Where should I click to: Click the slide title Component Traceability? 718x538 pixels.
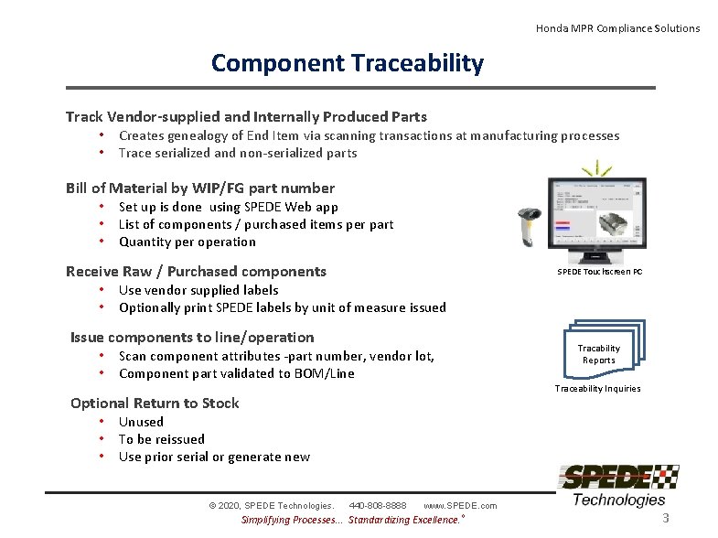coord(347,63)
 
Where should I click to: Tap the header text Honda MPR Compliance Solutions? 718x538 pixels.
coord(617,28)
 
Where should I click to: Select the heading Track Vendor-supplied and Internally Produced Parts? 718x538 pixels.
coord(246,116)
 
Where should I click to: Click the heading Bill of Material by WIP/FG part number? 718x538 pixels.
coord(200,188)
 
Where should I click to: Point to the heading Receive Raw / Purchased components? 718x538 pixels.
coord(196,271)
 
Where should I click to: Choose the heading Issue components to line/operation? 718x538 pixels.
coord(192,337)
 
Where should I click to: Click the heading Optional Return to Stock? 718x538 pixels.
coord(155,403)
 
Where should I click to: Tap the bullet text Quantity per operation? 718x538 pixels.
coord(188,242)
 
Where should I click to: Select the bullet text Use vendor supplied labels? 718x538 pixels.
coord(198,290)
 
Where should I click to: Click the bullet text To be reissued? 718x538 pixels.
coord(162,439)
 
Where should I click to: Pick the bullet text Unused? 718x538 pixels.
coord(141,422)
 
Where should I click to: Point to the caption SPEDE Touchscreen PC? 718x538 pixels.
coord(600,273)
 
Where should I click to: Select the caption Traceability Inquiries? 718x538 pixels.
coord(598,389)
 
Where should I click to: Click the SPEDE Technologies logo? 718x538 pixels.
coord(618,485)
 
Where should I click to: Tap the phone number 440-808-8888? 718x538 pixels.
coord(378,505)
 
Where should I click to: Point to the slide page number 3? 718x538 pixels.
coord(666,519)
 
